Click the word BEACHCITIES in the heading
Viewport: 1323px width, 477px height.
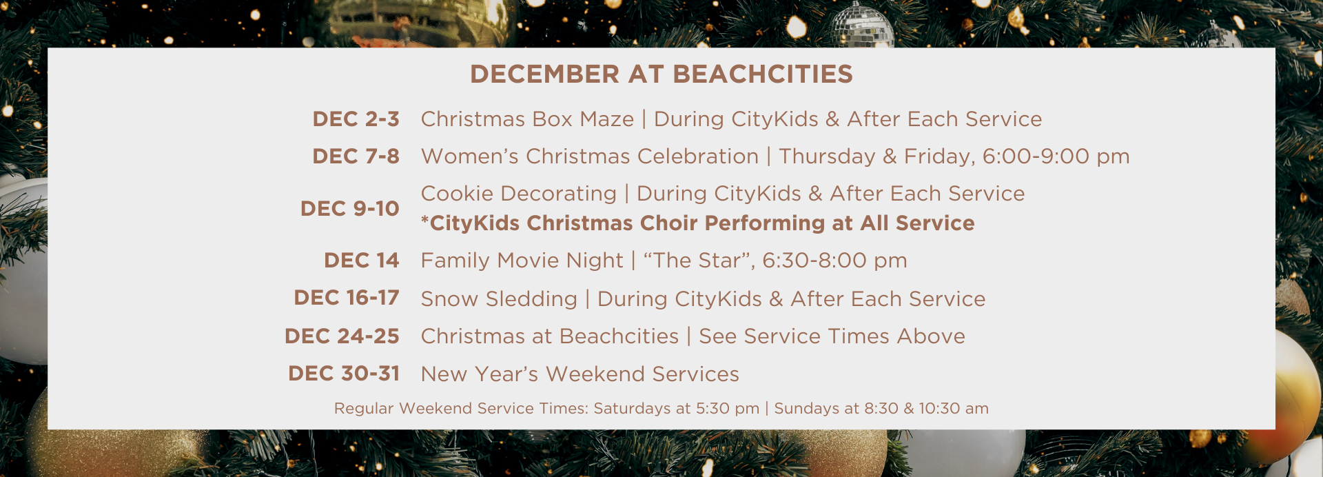tap(763, 74)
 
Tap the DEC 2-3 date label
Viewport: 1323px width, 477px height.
tap(356, 119)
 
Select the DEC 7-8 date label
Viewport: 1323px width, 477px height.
tap(356, 156)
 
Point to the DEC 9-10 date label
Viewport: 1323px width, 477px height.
tap(349, 208)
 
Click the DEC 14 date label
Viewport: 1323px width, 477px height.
tap(362, 261)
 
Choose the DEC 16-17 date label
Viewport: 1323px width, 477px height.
tap(347, 298)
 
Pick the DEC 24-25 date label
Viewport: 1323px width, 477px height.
tap(342, 336)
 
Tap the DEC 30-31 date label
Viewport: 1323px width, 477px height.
tap(344, 374)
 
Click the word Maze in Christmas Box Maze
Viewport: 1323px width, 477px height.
tap(606, 119)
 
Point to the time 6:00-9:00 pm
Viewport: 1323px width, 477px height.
tap(1056, 157)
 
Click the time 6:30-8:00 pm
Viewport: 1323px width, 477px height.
tap(834, 261)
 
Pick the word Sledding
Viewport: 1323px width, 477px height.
tap(531, 299)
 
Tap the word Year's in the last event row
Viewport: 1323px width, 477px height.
tap(506, 374)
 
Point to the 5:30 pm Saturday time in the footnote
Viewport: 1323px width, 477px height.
tap(728, 409)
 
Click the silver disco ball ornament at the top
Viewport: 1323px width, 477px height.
tap(862, 26)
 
